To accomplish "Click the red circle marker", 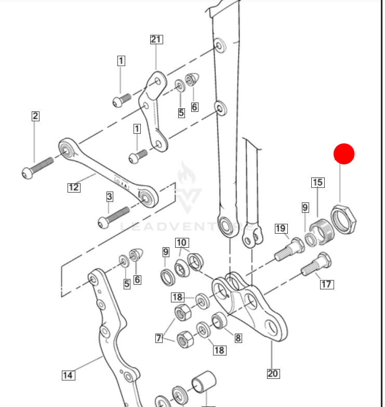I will point(344,154).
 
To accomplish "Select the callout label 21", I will point(156,39).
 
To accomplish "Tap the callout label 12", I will point(74,187).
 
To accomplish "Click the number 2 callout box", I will point(35,116).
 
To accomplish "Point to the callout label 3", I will point(110,196).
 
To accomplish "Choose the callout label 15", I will point(317,182).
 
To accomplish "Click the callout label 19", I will point(281,228).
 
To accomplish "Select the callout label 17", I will point(327,284).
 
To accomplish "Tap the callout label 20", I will point(273,373).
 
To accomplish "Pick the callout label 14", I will point(68,375).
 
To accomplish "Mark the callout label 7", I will point(159,338).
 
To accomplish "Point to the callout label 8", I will point(238,338).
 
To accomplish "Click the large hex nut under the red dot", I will point(343,219).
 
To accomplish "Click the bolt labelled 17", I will point(316,265).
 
